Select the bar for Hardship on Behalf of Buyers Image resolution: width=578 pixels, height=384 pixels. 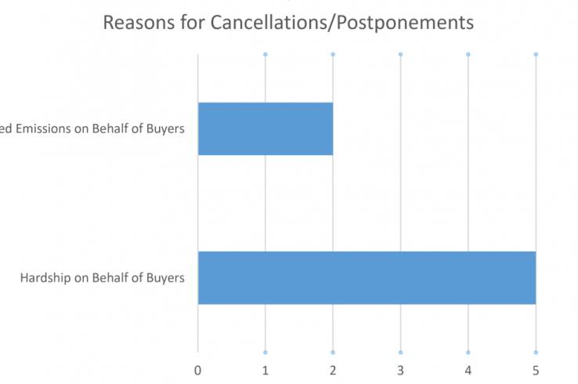click(x=367, y=277)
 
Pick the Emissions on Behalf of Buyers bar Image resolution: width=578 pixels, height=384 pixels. click(x=266, y=129)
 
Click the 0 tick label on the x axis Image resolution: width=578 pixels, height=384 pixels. click(x=198, y=368)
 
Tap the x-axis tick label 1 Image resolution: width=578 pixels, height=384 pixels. click(x=266, y=368)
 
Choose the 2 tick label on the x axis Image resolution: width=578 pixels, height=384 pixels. click(x=333, y=368)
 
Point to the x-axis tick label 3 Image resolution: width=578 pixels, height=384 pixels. click(x=400, y=368)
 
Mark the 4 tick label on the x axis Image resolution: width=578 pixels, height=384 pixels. click(x=468, y=368)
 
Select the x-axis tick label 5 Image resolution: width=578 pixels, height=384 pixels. click(x=536, y=368)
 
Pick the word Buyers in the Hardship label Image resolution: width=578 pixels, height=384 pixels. click(x=165, y=278)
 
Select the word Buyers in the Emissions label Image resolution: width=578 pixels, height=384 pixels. click(x=165, y=129)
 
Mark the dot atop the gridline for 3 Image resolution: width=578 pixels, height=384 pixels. click(x=400, y=54)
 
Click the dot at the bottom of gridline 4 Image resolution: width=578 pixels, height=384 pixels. click(x=468, y=352)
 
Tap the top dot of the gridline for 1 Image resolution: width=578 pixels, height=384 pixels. click(x=266, y=54)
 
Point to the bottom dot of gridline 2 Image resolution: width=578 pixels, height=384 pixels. click(x=333, y=352)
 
